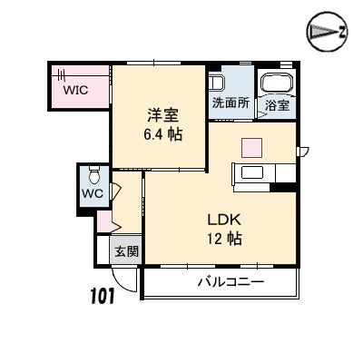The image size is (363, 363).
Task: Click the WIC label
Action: coord(75,90)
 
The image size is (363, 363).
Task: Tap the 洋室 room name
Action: coord(162,115)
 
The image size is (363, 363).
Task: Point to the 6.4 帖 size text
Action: coord(162,134)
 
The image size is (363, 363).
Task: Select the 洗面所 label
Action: coord(231,103)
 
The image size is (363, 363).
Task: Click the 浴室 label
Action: coord(278,105)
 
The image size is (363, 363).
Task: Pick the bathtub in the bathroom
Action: coord(278,83)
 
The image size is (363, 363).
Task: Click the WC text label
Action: coord(93,193)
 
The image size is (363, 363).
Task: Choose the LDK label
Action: coord(224,220)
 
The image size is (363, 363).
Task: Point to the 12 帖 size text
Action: coord(224,240)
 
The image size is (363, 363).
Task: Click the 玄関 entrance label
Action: coord(127,251)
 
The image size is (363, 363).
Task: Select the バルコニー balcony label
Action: coord(231,282)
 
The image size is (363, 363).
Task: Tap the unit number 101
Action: coord(102,296)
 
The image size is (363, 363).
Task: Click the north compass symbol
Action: coord(327,32)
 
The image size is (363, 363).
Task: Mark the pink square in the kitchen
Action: coord(251,148)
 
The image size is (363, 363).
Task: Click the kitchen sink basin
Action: coord(252,172)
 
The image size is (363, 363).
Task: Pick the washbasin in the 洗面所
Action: coord(216,83)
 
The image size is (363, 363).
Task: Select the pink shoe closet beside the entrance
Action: coord(104,222)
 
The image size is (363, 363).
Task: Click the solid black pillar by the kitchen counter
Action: coord(283,188)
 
